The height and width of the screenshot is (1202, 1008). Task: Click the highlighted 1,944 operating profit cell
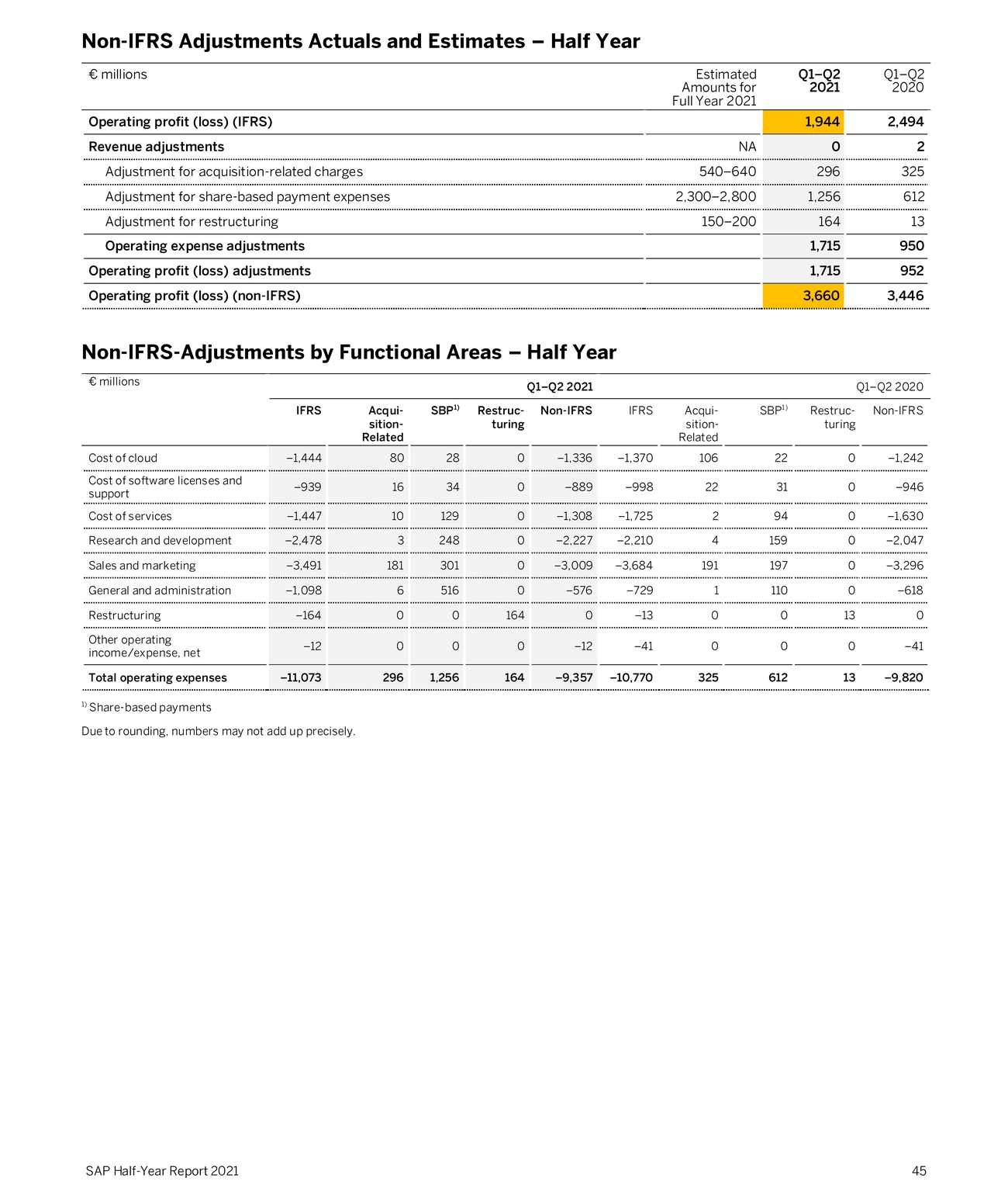[x=821, y=122]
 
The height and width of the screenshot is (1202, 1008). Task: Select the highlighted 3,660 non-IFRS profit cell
[x=820, y=296]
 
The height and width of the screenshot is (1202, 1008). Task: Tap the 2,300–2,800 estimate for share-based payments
[x=715, y=196]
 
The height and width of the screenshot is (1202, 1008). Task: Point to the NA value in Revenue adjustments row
[x=747, y=147]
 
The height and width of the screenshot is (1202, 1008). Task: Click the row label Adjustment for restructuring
[x=192, y=221]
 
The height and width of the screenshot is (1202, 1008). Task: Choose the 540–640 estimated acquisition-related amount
[x=727, y=171]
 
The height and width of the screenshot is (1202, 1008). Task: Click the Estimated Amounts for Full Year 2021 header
[x=714, y=87]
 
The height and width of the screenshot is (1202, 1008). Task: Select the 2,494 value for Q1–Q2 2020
[x=905, y=122]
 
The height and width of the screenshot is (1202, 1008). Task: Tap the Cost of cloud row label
[x=123, y=458]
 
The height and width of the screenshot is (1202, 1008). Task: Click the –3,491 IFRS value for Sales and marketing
[x=304, y=566]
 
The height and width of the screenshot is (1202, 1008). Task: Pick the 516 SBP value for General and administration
[x=449, y=591]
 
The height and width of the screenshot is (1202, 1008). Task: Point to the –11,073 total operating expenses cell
[x=300, y=677]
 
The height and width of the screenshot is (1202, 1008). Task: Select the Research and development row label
[x=160, y=541]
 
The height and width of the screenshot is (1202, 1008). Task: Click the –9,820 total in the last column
[x=903, y=677]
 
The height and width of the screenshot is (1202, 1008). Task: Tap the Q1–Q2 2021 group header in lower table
[x=559, y=386]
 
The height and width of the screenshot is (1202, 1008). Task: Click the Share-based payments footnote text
[x=150, y=707]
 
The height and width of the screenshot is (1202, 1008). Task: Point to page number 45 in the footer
[x=918, y=1171]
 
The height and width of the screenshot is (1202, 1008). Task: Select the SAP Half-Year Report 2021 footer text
[x=162, y=1171]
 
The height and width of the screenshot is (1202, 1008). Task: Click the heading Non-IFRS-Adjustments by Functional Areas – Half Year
[x=348, y=352]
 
